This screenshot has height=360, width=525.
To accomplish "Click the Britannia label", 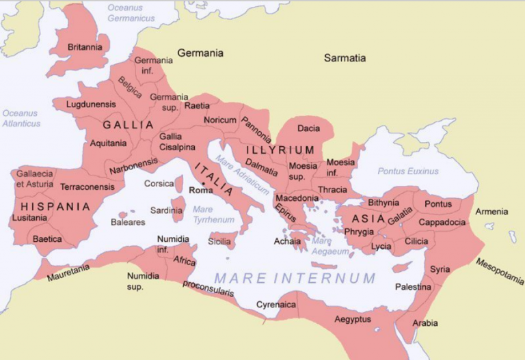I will pyautogui.click(x=85, y=47).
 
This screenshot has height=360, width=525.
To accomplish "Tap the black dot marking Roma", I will pyautogui.click(x=203, y=183).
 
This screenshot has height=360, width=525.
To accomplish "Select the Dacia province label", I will pyautogui.click(x=308, y=128).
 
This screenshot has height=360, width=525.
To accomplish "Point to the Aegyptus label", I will pyautogui.click(x=353, y=319).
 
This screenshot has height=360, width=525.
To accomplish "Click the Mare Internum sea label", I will pyautogui.click(x=295, y=278).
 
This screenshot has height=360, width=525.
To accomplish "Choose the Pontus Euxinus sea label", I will pyautogui.click(x=408, y=171).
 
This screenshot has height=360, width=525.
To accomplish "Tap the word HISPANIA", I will pyautogui.click(x=55, y=206).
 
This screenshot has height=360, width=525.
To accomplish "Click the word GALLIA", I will pyautogui.click(x=128, y=126).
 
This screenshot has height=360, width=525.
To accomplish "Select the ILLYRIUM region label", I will pyautogui.click(x=280, y=150).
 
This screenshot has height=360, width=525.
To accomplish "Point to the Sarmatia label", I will pyautogui.click(x=345, y=58).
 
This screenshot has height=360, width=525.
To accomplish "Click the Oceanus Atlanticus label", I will pyautogui.click(x=21, y=118).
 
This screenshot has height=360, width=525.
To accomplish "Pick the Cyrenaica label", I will pyautogui.click(x=275, y=304).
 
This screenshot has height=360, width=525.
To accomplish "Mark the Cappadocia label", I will pyautogui.click(x=442, y=222).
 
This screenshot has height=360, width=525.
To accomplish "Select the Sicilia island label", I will pyautogui.click(x=219, y=241).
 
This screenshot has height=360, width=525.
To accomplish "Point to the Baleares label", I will pyautogui.click(x=128, y=222).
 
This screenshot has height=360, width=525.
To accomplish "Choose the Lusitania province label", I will pyautogui.click(x=29, y=218).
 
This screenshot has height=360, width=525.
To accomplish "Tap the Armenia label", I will pyautogui.click(x=492, y=211).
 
